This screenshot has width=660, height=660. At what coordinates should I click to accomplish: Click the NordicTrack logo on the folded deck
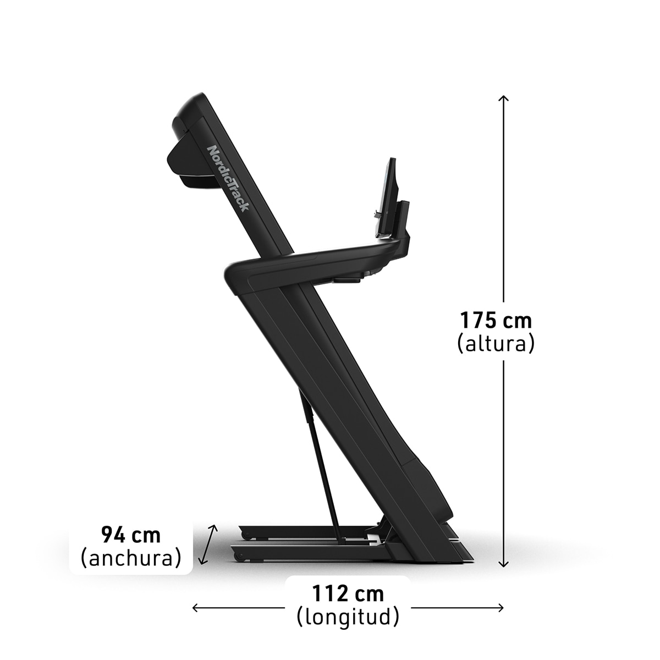click(x=228, y=178)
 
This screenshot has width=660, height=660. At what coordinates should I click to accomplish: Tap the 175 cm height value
click(x=496, y=320)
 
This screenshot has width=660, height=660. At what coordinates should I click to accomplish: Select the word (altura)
click(x=496, y=344)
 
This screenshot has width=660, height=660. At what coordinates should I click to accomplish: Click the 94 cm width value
click(x=131, y=535)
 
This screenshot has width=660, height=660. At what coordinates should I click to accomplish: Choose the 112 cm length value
click(x=348, y=594)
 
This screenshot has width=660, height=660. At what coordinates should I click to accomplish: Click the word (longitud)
click(x=348, y=617)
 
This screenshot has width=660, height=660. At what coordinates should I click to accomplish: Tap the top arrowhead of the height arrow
click(x=503, y=98)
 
